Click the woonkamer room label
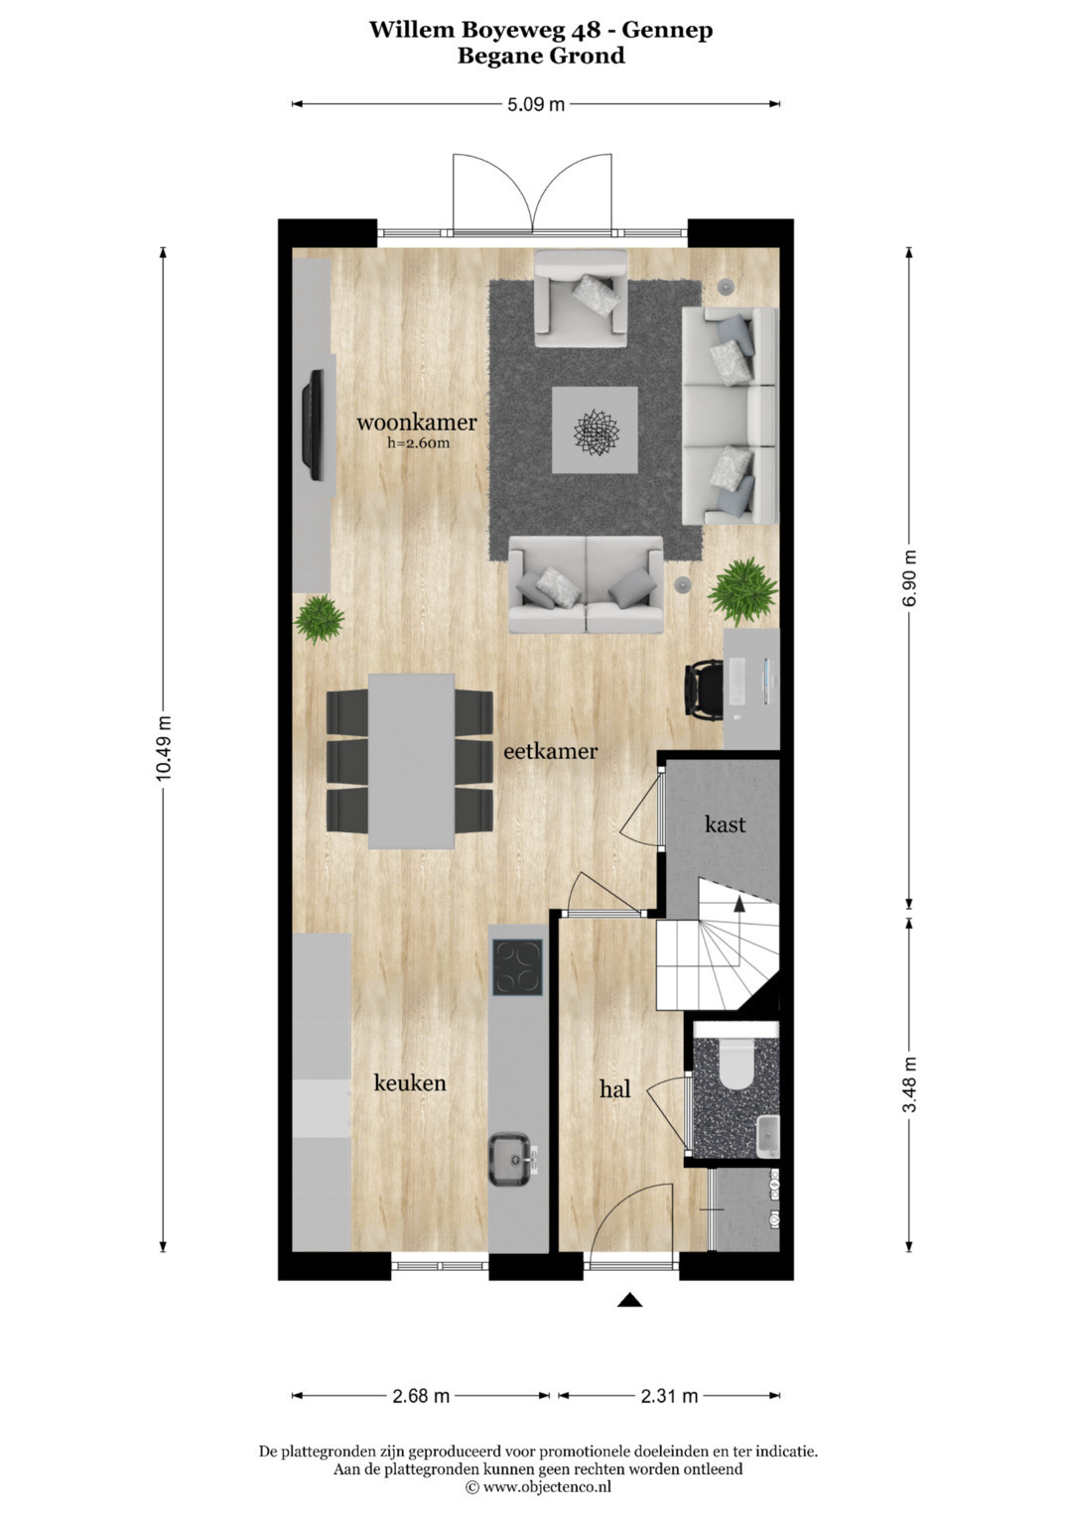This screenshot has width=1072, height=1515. coord(417,423)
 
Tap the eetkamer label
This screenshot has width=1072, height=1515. coord(550,751)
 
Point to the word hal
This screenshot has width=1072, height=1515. coord(615,1088)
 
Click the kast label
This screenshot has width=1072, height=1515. coord(725,823)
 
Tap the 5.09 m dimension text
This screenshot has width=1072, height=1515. coord(536,104)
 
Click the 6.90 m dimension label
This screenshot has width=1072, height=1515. coord(909,577)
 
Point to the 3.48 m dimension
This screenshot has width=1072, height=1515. coord(909,1084)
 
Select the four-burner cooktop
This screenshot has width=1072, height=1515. coord(518,967)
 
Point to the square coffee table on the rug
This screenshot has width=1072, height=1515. coord(595,430)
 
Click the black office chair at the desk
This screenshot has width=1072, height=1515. coord(704,694)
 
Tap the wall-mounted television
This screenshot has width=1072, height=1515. coord(314,425)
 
